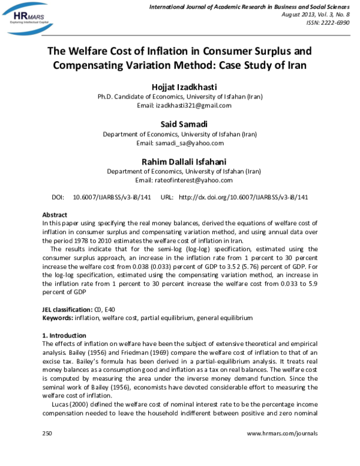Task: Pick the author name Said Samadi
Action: point(179,124)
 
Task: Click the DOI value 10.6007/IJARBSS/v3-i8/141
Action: point(112,196)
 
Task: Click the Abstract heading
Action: point(55,214)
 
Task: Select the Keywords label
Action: point(58,316)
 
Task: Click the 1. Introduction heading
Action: point(64,334)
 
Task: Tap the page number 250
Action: point(48,432)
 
